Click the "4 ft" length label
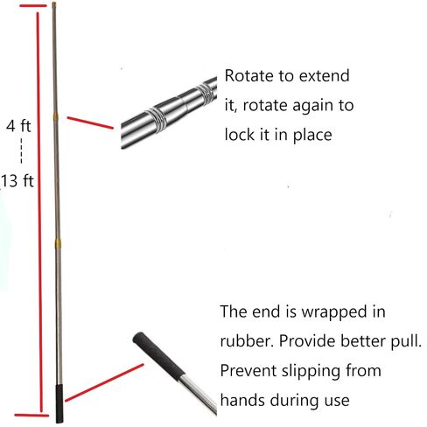(x=18, y=126)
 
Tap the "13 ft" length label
(x=17, y=180)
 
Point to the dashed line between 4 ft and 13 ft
(x=21, y=150)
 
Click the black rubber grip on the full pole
(x=59, y=403)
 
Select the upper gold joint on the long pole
(x=55, y=116)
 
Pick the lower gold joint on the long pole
(x=59, y=243)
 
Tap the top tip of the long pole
(x=54, y=3)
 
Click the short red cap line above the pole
(x=33, y=5)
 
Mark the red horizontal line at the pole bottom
(x=31, y=415)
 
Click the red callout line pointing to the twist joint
(x=90, y=122)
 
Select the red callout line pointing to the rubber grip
(x=104, y=382)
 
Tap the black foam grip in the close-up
(x=159, y=356)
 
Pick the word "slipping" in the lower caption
(x=311, y=372)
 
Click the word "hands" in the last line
(x=242, y=400)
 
